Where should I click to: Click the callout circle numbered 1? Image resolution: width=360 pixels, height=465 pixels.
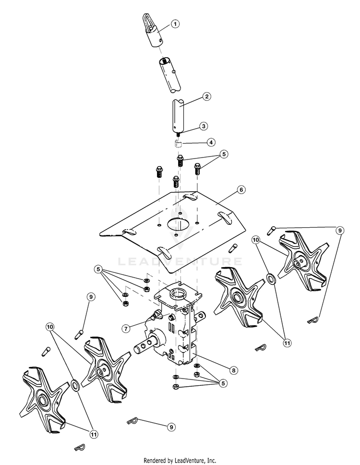[x=175, y=24]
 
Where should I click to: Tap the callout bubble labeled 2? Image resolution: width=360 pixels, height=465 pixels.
[x=206, y=97]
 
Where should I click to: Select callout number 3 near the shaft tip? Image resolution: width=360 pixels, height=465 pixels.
[x=204, y=126]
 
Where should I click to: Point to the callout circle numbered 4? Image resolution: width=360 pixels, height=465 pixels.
[x=210, y=142]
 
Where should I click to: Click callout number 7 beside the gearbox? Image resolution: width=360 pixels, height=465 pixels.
[x=125, y=329]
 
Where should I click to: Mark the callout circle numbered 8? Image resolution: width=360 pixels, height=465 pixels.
[x=233, y=370]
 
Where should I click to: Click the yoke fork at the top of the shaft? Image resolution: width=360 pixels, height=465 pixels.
[x=150, y=22]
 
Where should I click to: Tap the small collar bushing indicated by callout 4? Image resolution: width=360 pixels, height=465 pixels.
[x=179, y=144]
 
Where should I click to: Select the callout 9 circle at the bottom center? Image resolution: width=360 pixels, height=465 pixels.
[x=170, y=426]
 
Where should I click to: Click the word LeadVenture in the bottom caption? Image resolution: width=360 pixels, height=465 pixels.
[x=190, y=460]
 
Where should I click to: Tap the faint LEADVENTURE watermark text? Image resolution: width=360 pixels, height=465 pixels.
[x=180, y=262]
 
